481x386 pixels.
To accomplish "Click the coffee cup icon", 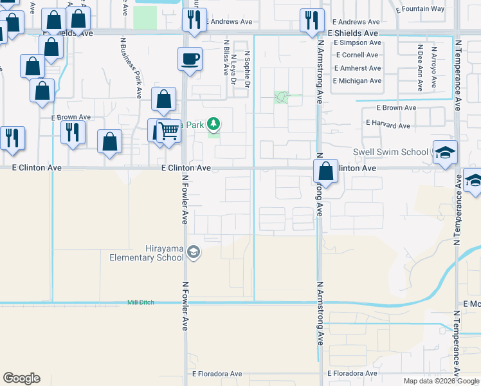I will (x=190, y=59).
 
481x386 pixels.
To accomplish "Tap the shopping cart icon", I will (x=168, y=131).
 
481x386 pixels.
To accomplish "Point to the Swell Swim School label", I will (x=390, y=152).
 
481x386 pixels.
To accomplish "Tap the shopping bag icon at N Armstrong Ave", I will (x=326, y=172).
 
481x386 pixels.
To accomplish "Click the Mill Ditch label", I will (x=141, y=302).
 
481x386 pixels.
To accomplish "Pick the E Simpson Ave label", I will (x=358, y=42).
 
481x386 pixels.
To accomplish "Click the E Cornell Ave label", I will (x=356, y=55).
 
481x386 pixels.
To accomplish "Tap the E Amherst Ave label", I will (x=357, y=68).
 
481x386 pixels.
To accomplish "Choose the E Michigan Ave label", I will (x=357, y=81).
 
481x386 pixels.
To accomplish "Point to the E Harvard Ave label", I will (x=388, y=125).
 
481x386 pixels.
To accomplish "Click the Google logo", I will (x=21, y=378).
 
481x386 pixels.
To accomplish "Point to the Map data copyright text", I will (x=441, y=381).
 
